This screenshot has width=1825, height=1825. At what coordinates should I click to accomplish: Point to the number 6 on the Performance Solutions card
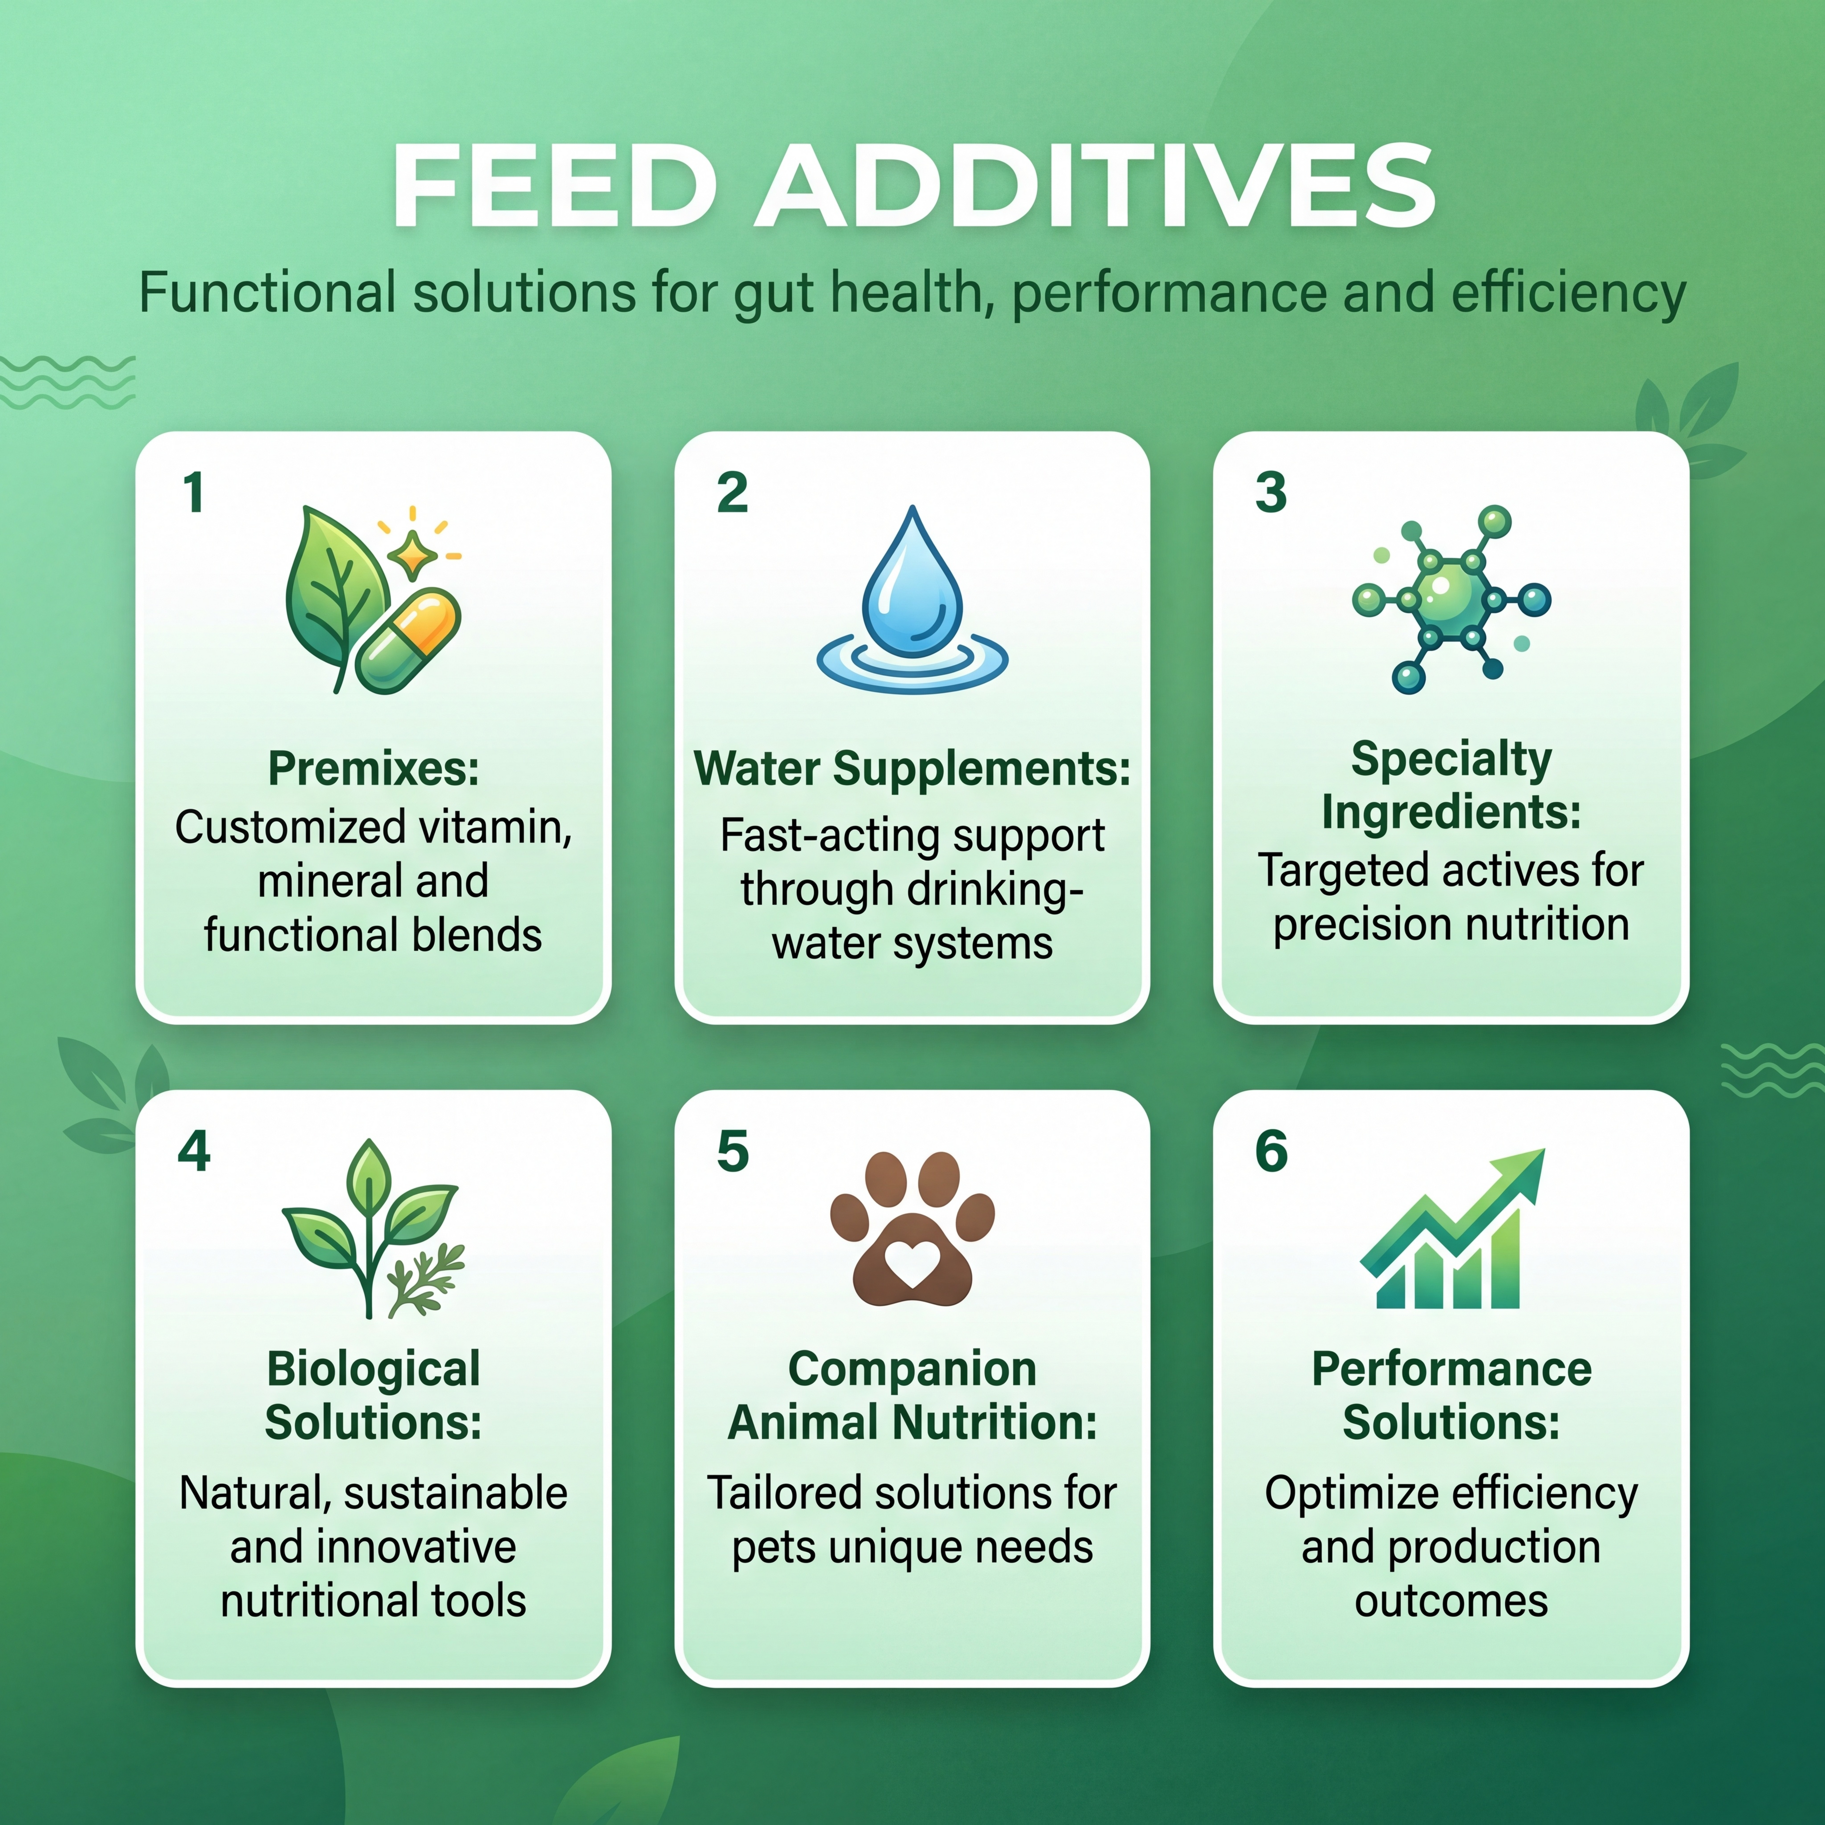[x=1271, y=1151]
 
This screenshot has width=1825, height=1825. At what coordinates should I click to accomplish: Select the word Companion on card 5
[x=912, y=1370]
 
